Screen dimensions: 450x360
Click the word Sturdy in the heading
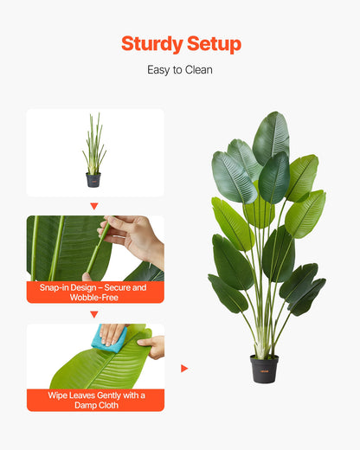(x=151, y=44)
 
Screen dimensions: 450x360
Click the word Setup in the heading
(x=213, y=44)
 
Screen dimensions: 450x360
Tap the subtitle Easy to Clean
(x=180, y=70)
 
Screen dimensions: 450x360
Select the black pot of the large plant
(x=264, y=369)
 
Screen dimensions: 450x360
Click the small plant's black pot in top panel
(x=93, y=179)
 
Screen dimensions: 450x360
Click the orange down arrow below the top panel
(x=94, y=207)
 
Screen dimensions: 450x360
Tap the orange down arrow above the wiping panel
(x=94, y=314)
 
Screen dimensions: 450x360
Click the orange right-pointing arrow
(x=184, y=369)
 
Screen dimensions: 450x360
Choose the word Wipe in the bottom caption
(x=58, y=395)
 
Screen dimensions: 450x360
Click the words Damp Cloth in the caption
(x=95, y=404)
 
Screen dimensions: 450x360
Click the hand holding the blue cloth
(x=113, y=331)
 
